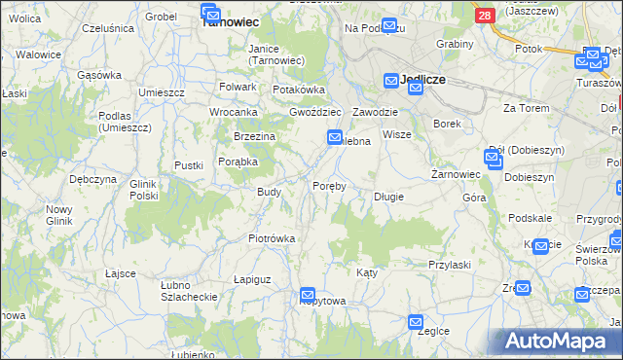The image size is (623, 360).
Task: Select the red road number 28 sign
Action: click(x=485, y=15)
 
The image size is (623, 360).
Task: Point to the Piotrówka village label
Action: click(x=272, y=238)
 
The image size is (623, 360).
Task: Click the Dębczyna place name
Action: click(x=93, y=180)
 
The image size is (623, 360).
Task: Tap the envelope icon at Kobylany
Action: click(x=308, y=295)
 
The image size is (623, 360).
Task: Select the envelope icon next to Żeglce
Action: click(x=416, y=322)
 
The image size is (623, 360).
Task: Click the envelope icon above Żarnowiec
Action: click(x=493, y=158)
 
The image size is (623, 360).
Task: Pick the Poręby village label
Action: click(x=329, y=186)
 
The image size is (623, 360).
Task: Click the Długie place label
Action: click(x=389, y=197)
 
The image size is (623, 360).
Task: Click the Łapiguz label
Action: click(x=251, y=279)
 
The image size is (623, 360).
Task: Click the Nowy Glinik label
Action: click(x=59, y=215)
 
